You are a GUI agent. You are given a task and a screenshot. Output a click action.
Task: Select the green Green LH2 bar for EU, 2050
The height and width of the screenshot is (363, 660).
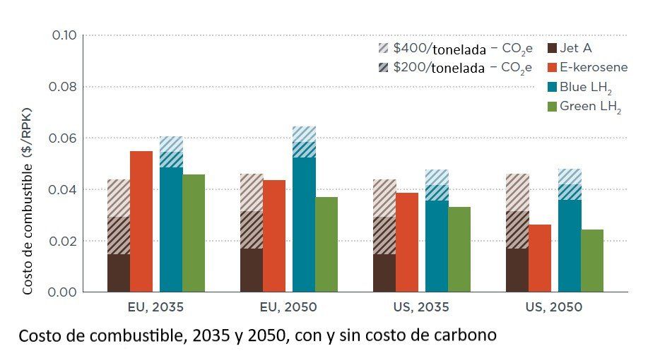[326, 244]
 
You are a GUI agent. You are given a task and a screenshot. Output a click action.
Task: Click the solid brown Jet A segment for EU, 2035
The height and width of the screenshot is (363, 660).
[118, 273]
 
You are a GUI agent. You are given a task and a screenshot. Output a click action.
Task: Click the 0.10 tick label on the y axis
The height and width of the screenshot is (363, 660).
[64, 35]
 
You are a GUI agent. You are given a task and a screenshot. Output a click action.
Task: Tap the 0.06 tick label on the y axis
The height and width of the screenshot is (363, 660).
[64, 138]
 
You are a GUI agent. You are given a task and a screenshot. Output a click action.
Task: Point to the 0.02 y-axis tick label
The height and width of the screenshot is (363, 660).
[64, 241]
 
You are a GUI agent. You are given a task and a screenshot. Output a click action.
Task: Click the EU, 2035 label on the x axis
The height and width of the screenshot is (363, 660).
[155, 307]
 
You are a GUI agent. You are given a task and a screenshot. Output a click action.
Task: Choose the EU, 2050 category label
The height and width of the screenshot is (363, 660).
[288, 307]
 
